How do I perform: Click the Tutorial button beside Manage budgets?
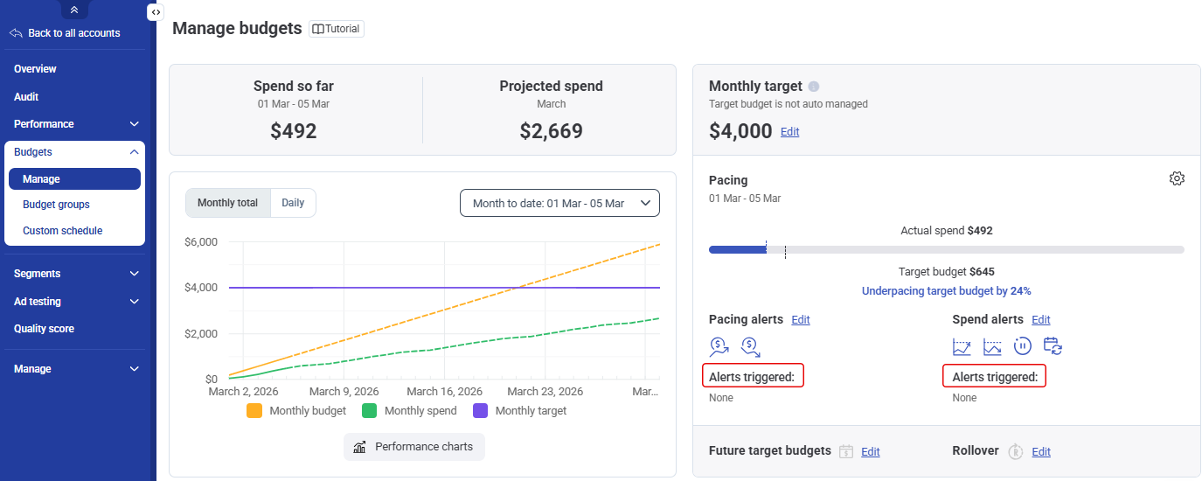point(337,29)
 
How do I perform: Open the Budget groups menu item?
point(56,205)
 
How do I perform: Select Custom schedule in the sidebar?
point(62,231)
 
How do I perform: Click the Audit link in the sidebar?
point(26,97)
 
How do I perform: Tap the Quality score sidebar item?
point(44,329)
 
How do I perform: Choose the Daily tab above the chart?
point(293,203)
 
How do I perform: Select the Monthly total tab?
point(228,203)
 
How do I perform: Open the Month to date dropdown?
point(559,203)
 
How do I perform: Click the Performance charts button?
point(413,447)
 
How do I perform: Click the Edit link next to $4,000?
point(789,132)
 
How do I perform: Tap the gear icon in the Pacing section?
point(1177,178)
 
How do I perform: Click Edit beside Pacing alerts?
point(801,320)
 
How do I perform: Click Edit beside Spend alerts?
point(1040,320)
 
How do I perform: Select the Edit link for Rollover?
point(1040,452)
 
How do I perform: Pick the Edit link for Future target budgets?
point(870,452)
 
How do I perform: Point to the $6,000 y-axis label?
point(201,242)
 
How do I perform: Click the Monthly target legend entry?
point(519,410)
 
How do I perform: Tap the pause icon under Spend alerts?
point(1022,346)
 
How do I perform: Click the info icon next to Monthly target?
point(814,87)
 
